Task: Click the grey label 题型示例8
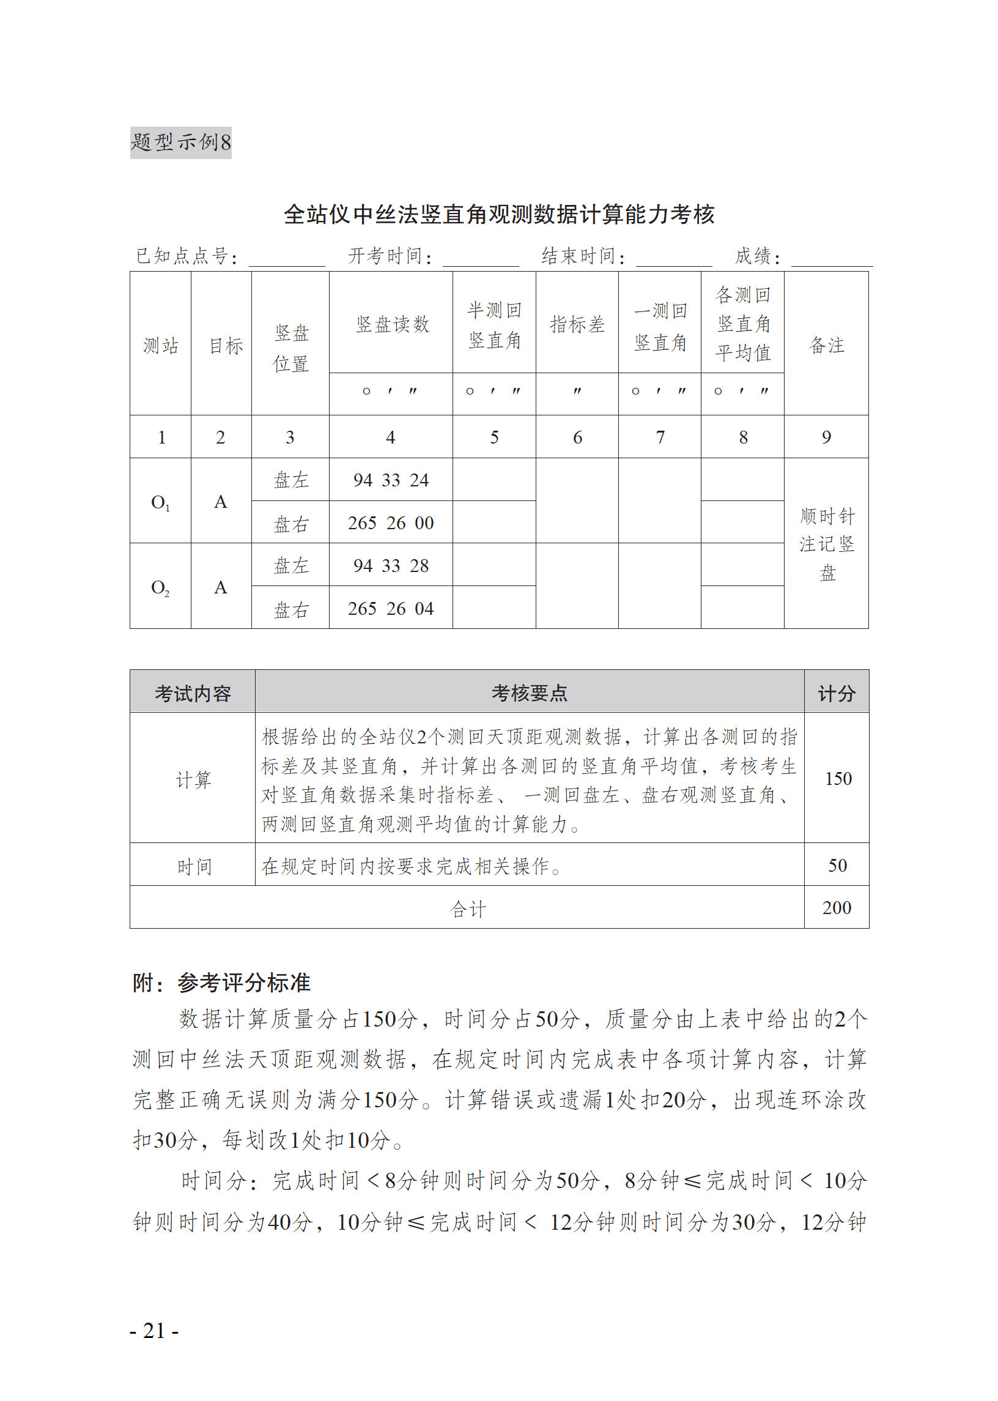point(180,143)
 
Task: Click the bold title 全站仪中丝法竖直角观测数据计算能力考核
point(498,214)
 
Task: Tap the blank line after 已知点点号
point(286,258)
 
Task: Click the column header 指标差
point(577,324)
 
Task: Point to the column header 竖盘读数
point(391,324)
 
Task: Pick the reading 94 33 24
point(391,480)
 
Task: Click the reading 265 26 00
point(391,523)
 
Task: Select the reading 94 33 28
point(391,565)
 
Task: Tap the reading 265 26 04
point(391,609)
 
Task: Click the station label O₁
point(160,502)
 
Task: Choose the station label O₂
point(160,588)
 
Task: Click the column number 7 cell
point(660,437)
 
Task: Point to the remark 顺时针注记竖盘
point(827,544)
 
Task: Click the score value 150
point(838,779)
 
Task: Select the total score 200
point(837,908)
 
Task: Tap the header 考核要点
point(529,693)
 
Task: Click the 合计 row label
point(468,909)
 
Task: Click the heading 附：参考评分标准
point(221,983)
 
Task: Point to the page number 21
point(154,1330)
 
